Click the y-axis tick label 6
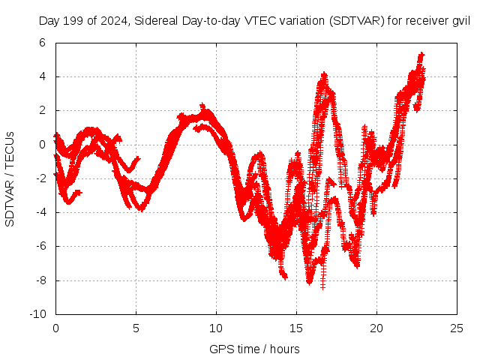(44, 43)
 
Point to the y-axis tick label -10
(39, 314)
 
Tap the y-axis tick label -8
(42, 280)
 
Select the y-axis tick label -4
(42, 212)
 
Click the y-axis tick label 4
(44, 76)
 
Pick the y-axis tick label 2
(44, 110)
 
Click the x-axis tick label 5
(136, 328)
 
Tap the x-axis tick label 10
(216, 328)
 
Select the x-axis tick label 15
(296, 328)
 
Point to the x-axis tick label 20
(376, 328)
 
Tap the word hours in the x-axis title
(285, 349)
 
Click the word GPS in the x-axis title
(220, 349)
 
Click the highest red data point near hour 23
(421, 54)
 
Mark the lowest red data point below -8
(323, 287)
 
